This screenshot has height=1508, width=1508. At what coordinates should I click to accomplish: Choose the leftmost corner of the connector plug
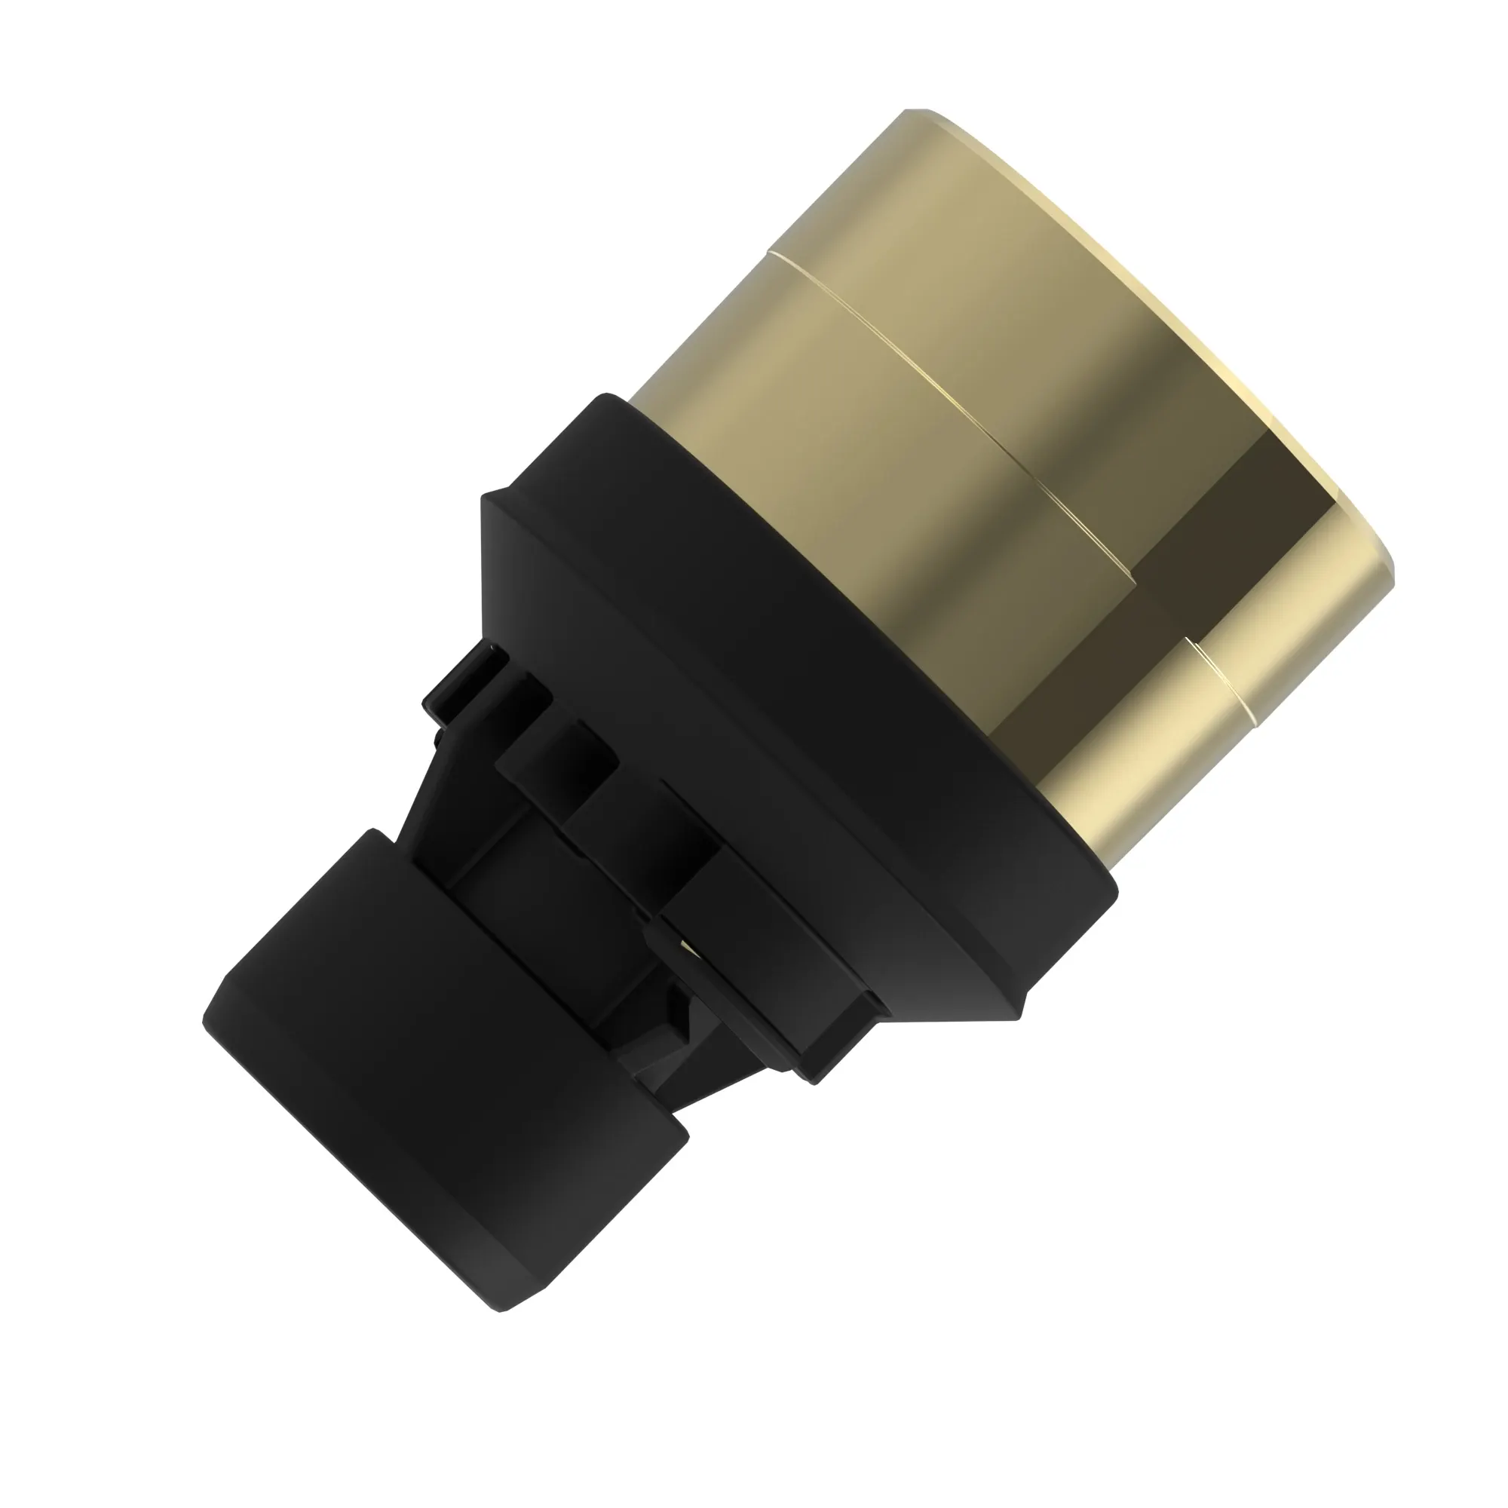coord(204,1019)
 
